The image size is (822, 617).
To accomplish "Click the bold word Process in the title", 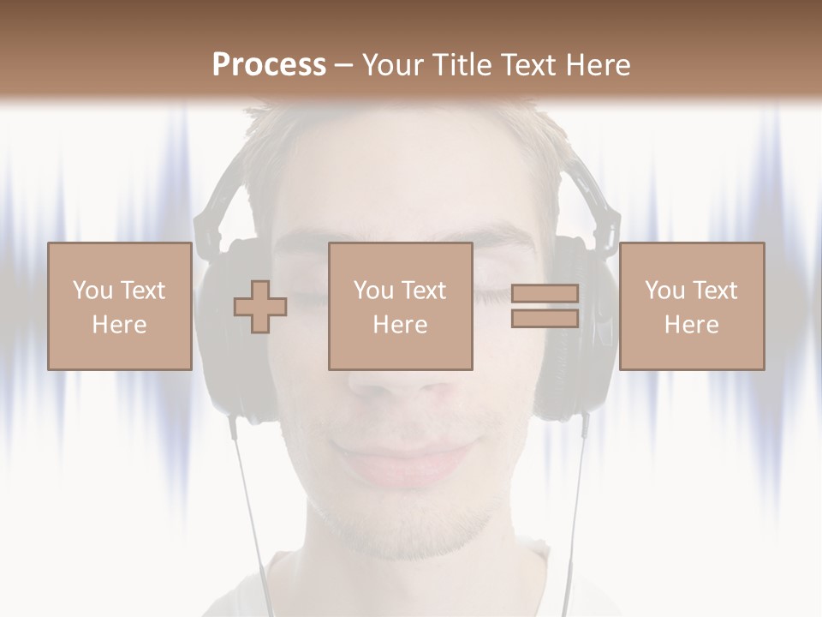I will click(x=269, y=65).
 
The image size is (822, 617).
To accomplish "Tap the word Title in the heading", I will click(x=462, y=65).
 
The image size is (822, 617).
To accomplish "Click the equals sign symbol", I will click(x=545, y=306).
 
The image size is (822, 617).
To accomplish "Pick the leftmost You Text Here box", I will click(x=119, y=307).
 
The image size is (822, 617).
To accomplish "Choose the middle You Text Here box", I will click(x=400, y=307).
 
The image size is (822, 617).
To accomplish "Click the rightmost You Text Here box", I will click(x=691, y=307).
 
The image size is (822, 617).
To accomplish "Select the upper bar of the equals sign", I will click(x=545, y=294).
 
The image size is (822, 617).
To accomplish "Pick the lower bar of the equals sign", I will click(x=545, y=318).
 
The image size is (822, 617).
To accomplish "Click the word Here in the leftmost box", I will click(x=119, y=325).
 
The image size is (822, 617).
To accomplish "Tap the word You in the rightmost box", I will click(x=664, y=291).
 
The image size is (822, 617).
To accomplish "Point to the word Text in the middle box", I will click(x=426, y=291).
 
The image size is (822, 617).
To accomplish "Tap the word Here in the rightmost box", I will click(x=691, y=325).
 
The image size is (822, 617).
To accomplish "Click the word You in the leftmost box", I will click(x=92, y=291).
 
